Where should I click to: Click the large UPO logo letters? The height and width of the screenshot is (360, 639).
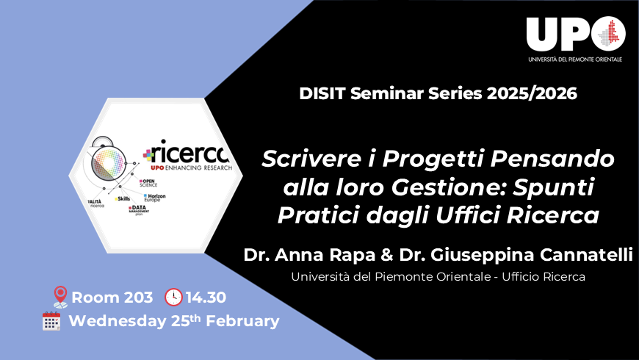click(x=562, y=35)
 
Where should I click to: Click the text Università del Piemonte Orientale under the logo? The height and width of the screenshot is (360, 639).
click(x=574, y=59)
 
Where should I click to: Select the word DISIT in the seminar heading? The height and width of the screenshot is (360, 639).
click(x=320, y=94)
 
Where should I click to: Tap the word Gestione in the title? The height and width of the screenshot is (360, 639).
click(x=462, y=187)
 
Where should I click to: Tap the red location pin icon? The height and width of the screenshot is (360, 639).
click(x=60, y=298)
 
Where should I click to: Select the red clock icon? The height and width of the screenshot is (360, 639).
click(x=173, y=298)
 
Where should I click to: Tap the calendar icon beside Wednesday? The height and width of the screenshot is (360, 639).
click(x=51, y=321)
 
